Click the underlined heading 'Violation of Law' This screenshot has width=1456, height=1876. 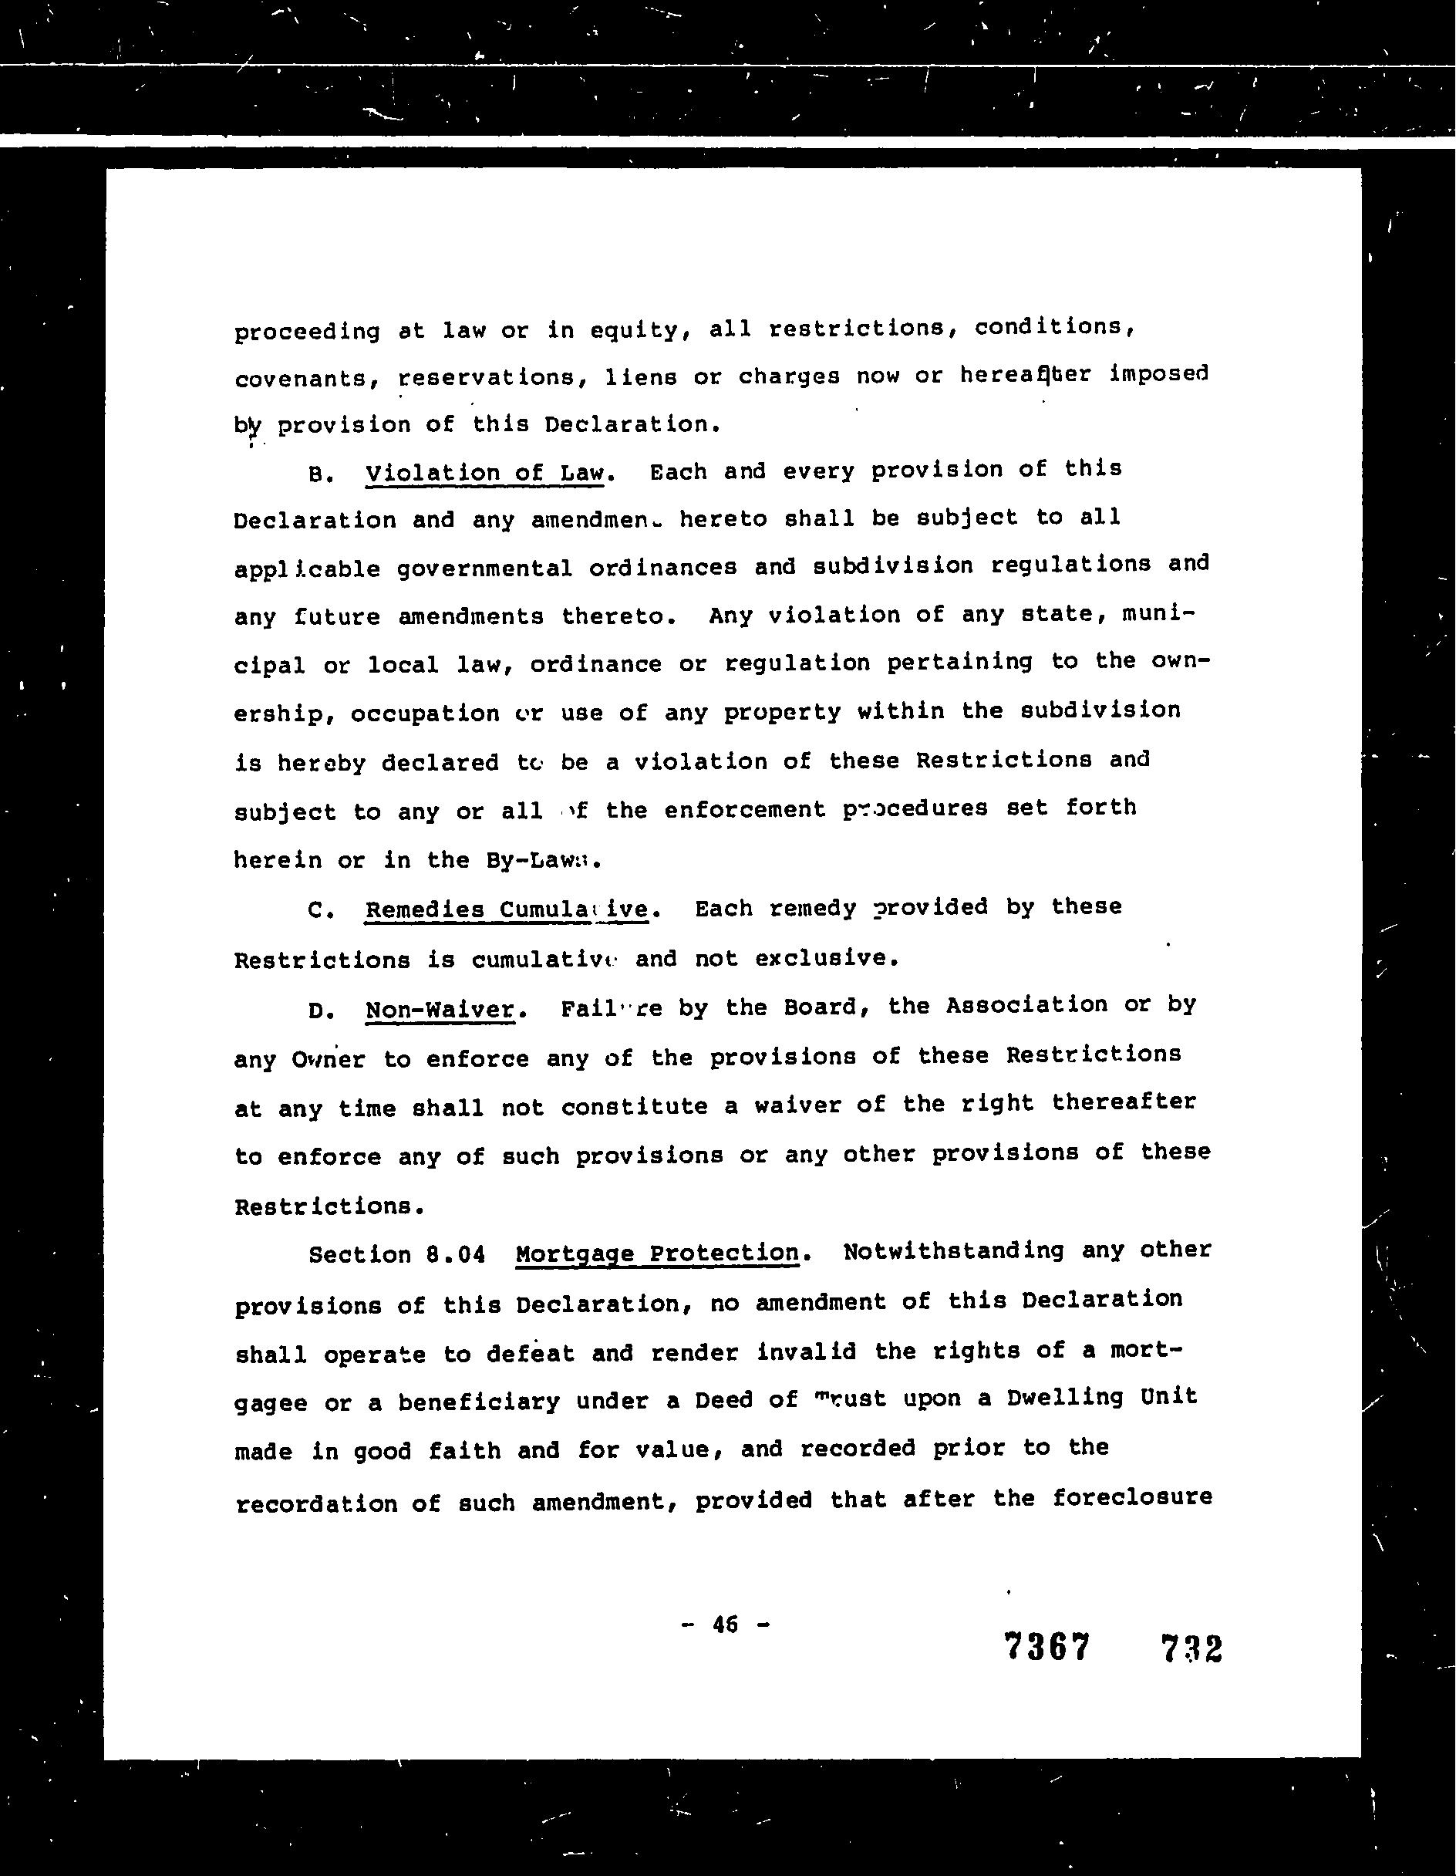pos(485,474)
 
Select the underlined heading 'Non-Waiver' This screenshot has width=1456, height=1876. pos(440,1009)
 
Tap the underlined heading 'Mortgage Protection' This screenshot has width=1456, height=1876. pos(657,1254)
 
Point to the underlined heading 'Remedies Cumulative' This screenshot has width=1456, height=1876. pos(507,909)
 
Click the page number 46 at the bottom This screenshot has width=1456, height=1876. pos(725,1625)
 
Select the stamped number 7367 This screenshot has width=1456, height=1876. pos(1046,1647)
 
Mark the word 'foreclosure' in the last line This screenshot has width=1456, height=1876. pos(1132,1498)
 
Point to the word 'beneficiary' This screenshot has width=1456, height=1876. pos(477,1402)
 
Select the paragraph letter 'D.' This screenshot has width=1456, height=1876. pos(320,1011)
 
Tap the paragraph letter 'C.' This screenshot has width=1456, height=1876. pos(320,911)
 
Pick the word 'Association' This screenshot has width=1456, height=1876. pos(1026,1006)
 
